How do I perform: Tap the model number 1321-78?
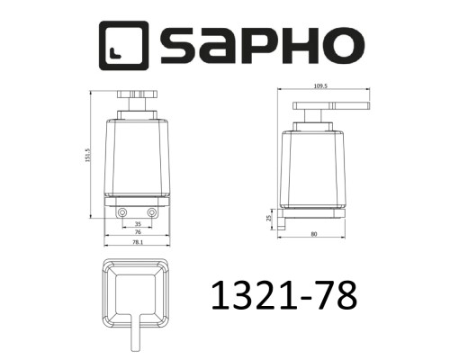pyautogui.click(x=281, y=294)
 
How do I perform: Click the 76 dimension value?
pyautogui.click(x=138, y=231)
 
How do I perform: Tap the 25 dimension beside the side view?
pyautogui.click(x=268, y=217)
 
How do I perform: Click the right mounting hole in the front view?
pyautogui.click(x=152, y=212)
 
